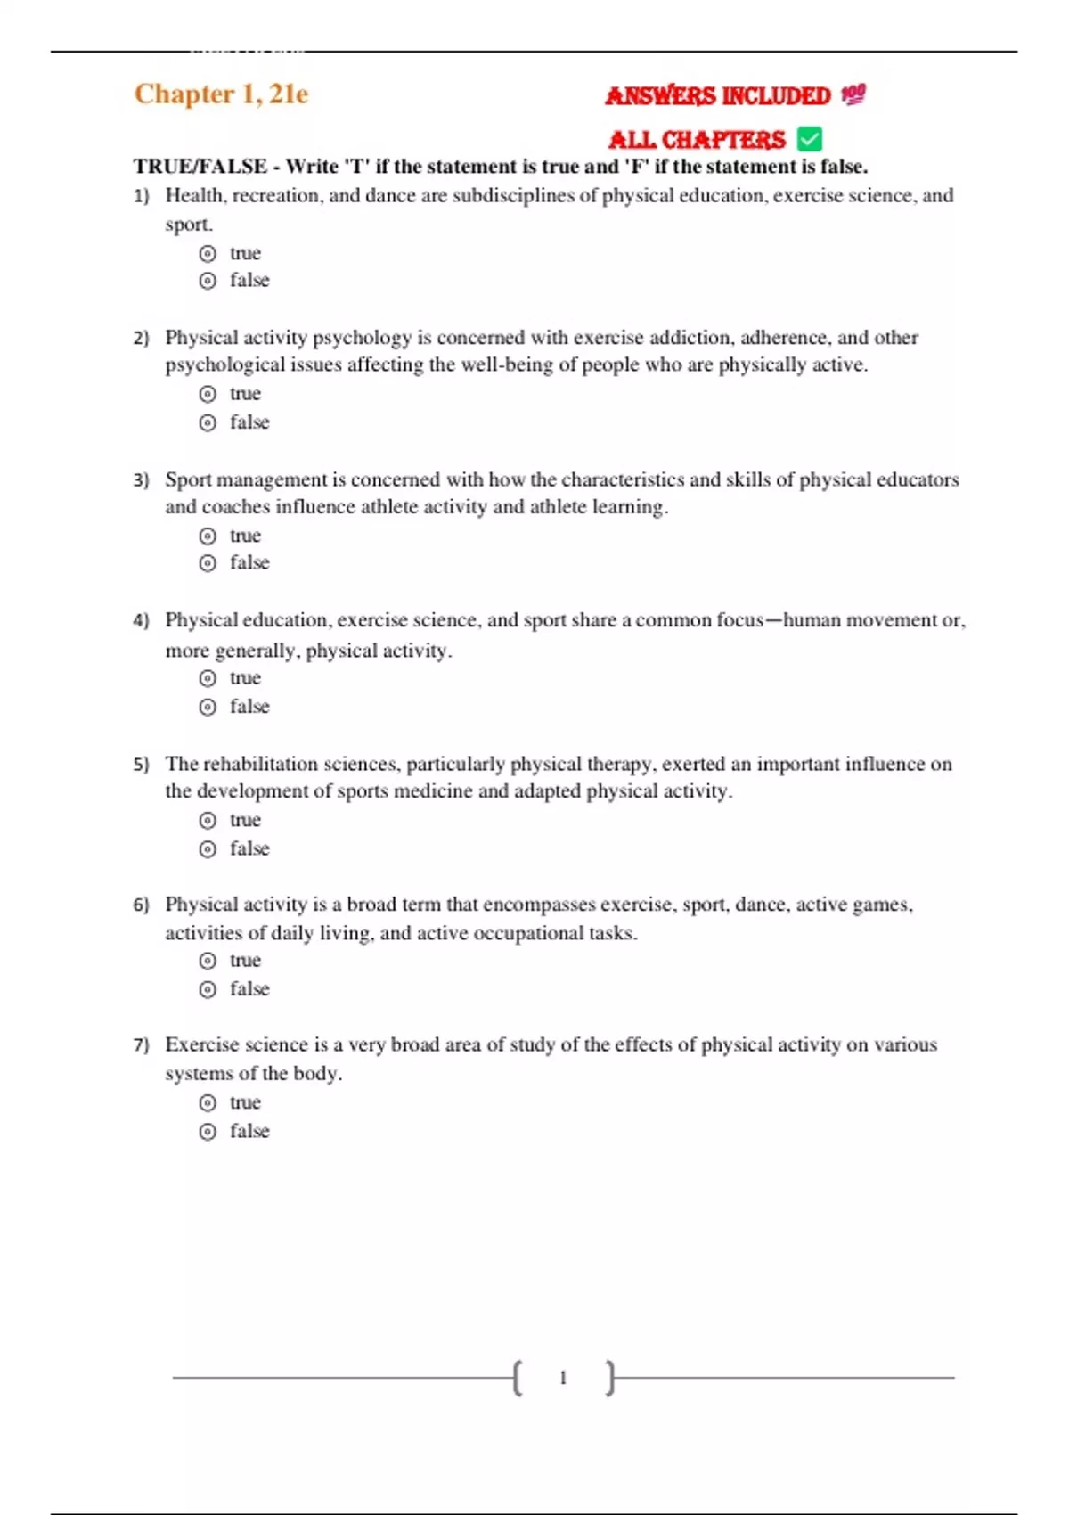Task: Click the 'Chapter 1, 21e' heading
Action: point(221,94)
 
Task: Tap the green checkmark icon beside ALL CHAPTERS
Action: point(810,139)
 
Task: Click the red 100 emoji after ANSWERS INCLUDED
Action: point(853,94)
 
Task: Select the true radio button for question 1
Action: point(208,254)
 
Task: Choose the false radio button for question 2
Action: point(208,423)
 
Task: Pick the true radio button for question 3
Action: point(208,536)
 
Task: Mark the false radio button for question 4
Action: point(208,708)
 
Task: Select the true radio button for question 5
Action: point(208,821)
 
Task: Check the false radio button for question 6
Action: point(208,990)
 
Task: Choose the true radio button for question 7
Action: point(208,1103)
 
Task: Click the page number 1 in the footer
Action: point(563,1378)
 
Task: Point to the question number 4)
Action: point(141,620)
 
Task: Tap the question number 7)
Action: point(141,1045)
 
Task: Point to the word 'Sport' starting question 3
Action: point(188,479)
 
